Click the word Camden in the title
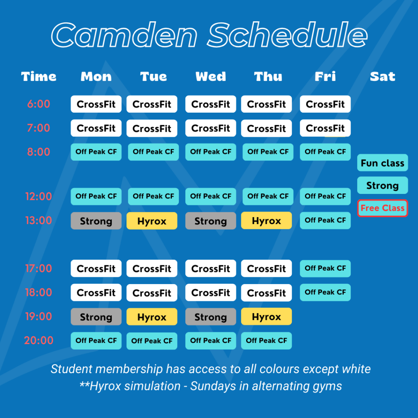point(124,35)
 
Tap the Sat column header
point(382,76)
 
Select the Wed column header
point(211,76)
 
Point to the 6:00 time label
point(39,104)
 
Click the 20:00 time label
point(39,340)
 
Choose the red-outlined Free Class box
point(382,208)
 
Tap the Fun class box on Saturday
point(382,162)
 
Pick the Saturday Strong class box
point(382,185)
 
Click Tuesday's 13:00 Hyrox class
point(152,221)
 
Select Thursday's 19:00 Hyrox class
point(267,317)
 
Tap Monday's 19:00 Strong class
point(96,317)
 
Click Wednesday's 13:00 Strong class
point(211,221)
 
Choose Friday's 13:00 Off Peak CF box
point(325,220)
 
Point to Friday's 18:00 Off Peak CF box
point(325,292)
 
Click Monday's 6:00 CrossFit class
point(96,104)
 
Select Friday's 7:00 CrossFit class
point(325,128)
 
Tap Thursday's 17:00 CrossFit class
point(267,269)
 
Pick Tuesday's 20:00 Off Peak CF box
point(152,341)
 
